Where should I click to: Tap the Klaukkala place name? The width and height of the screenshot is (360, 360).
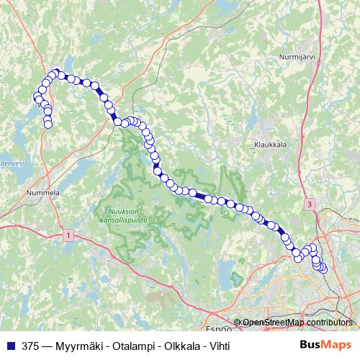(271, 144)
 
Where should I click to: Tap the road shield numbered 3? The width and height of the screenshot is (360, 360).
(309, 204)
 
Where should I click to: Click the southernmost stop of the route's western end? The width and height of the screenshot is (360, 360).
(48, 125)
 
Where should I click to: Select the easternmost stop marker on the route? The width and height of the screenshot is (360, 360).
(323, 269)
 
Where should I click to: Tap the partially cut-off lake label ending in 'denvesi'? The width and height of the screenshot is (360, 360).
(12, 163)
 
